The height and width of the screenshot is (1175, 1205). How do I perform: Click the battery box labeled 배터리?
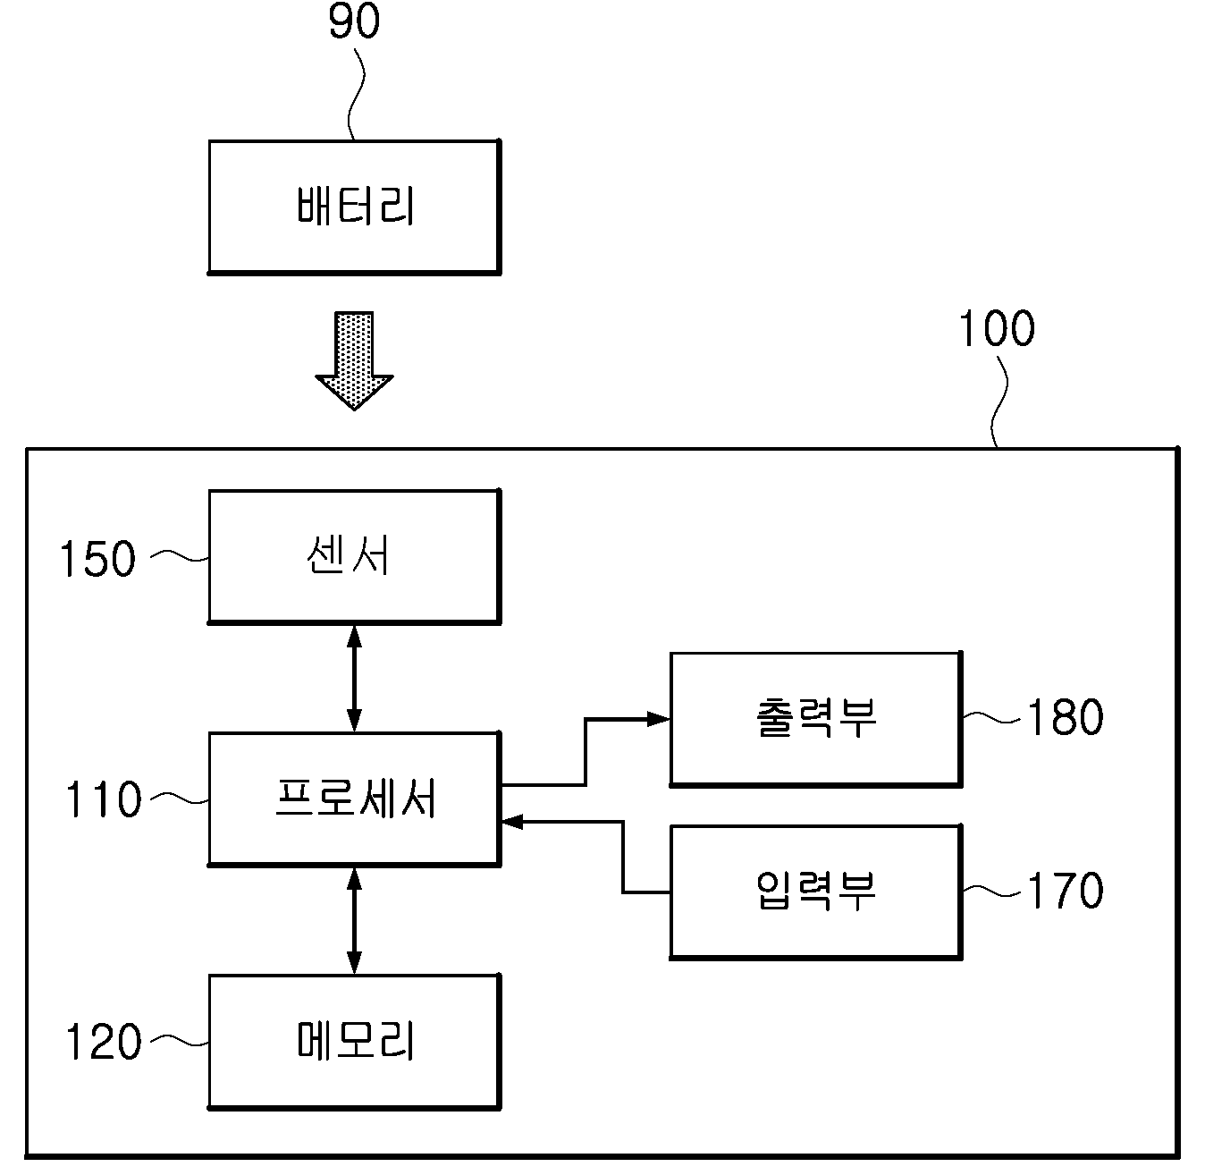tap(354, 207)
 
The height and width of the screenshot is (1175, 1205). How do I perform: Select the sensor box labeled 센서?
tap(354, 557)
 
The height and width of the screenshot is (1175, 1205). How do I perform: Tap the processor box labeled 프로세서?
tap(354, 799)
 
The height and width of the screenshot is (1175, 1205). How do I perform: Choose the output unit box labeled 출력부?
tap(816, 719)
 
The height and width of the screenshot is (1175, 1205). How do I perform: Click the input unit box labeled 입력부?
tap(816, 892)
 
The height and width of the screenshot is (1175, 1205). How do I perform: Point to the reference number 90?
tap(354, 21)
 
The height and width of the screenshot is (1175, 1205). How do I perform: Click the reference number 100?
tap(997, 328)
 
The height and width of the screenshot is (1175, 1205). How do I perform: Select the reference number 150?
tap(97, 559)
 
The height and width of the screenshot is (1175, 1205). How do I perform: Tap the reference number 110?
tap(104, 799)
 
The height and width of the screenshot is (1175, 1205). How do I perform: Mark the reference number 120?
tap(104, 1043)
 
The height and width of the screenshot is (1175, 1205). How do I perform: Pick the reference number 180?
tap(1065, 718)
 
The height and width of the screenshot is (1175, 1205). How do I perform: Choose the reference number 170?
tap(1065, 891)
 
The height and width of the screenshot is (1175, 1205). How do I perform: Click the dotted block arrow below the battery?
tap(354, 360)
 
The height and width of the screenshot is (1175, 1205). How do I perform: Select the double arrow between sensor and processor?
tap(354, 678)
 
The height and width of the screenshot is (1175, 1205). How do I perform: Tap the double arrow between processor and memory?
tap(354, 920)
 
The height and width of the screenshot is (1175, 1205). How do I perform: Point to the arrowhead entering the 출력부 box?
tap(658, 719)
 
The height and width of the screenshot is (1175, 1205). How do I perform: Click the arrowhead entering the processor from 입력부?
tap(512, 822)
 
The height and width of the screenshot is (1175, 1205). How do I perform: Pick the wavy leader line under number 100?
tap(999, 402)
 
